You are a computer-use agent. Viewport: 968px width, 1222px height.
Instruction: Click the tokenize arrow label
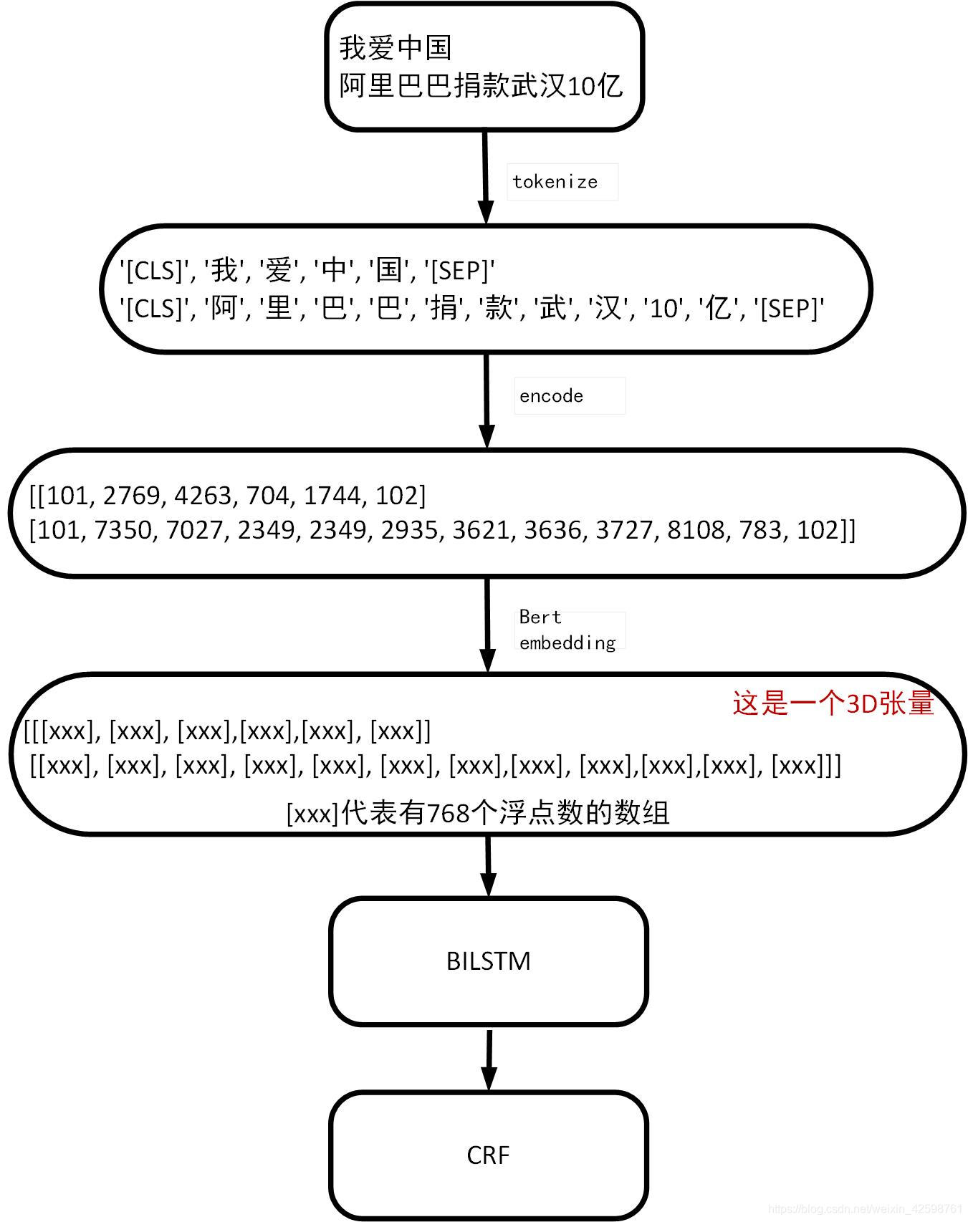(555, 182)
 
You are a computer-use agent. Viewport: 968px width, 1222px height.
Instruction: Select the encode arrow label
(551, 396)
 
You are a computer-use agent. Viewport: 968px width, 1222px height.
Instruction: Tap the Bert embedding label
(567, 630)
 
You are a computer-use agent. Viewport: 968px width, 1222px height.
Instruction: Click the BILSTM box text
(488, 961)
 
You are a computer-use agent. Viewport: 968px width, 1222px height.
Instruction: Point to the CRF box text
(488, 1155)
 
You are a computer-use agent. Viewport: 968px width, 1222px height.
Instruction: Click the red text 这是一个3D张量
(833, 703)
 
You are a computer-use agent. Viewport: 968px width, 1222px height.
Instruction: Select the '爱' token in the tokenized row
(279, 271)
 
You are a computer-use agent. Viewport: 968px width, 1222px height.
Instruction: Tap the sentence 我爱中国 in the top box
(395, 48)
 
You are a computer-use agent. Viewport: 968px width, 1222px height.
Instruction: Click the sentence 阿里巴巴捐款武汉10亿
(481, 86)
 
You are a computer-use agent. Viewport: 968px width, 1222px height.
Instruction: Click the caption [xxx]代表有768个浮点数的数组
(478, 813)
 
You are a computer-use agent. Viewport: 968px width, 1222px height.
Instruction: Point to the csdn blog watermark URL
(866, 1209)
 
